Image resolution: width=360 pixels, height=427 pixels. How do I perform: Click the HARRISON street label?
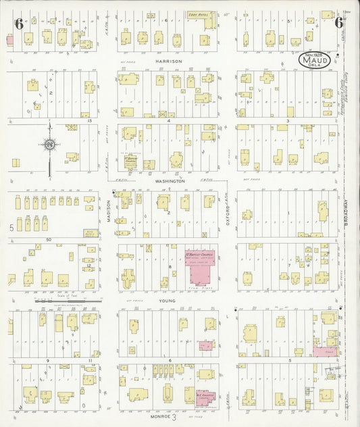pyautogui.click(x=168, y=61)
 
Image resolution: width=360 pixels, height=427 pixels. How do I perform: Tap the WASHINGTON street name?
pyautogui.click(x=168, y=181)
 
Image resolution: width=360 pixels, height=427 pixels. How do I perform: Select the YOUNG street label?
pyautogui.click(x=168, y=301)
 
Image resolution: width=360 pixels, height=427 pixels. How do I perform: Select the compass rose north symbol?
pyautogui.click(x=49, y=144)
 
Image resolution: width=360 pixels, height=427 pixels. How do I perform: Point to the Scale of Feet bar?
pyautogui.click(x=67, y=299)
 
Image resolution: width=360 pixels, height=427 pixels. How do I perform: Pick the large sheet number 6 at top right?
pyautogui.click(x=340, y=22)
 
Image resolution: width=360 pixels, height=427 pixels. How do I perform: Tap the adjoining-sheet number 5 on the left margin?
pyautogui.click(x=11, y=228)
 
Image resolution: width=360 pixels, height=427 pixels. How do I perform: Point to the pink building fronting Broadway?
pyautogui.click(x=325, y=351)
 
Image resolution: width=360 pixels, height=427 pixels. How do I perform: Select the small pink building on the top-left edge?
pyautogui.click(x=9, y=40)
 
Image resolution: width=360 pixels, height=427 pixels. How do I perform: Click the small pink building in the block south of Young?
pyautogui.click(x=205, y=346)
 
